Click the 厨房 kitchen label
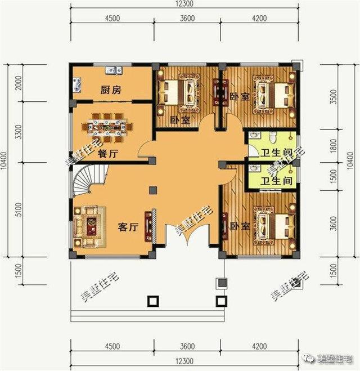pos(111,90)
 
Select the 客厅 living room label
pos(128,227)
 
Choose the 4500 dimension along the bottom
pos(111,346)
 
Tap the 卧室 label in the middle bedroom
pos(179,120)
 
